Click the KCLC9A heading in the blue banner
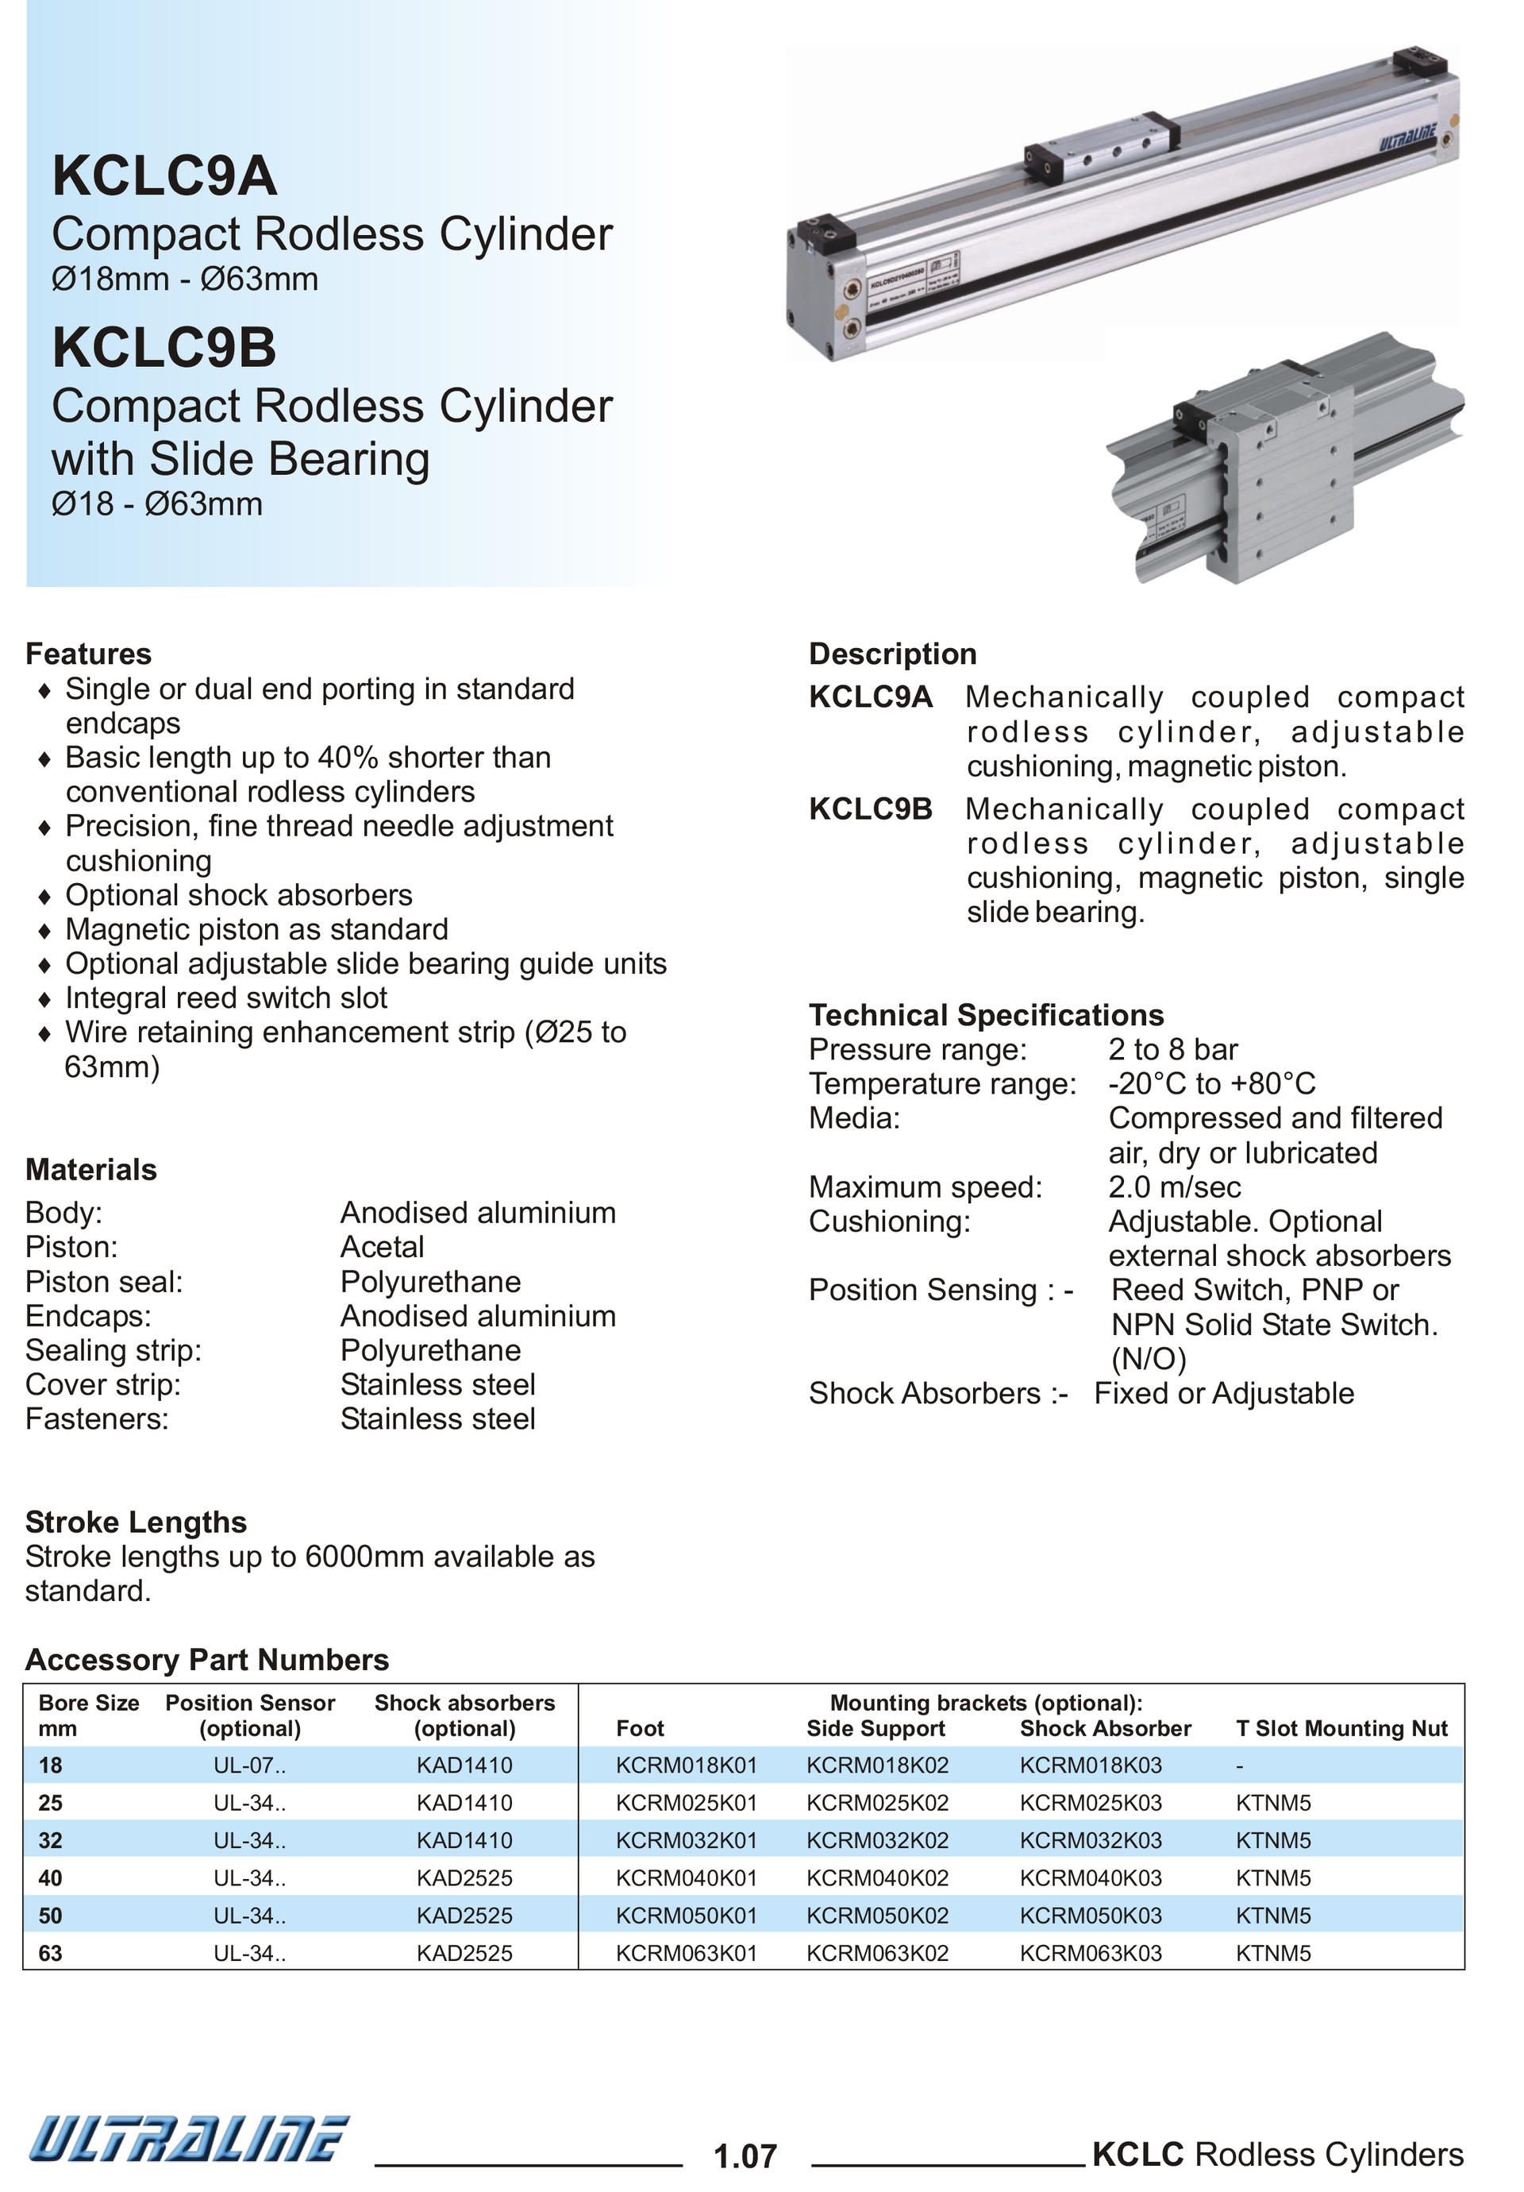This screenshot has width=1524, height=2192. point(164,176)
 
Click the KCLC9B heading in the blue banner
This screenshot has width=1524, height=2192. point(164,348)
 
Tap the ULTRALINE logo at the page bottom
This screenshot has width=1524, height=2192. point(188,2137)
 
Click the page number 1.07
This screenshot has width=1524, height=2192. point(745,2155)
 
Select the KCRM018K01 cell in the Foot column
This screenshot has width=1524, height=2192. point(685,1766)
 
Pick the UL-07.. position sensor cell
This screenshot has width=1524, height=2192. point(249,1766)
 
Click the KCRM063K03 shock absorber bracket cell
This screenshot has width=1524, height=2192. point(1090,1953)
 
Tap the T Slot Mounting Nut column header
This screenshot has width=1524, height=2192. point(1340,1728)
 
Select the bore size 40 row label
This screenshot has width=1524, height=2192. point(50,1878)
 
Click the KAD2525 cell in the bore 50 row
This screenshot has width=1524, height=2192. point(464,1915)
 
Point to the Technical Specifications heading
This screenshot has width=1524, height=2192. point(985,1014)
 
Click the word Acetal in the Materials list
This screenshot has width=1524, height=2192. point(382,1247)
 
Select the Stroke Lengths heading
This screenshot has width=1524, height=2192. point(136,1522)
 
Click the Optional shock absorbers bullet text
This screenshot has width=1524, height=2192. point(239,894)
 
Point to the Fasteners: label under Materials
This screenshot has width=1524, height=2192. point(96,1418)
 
